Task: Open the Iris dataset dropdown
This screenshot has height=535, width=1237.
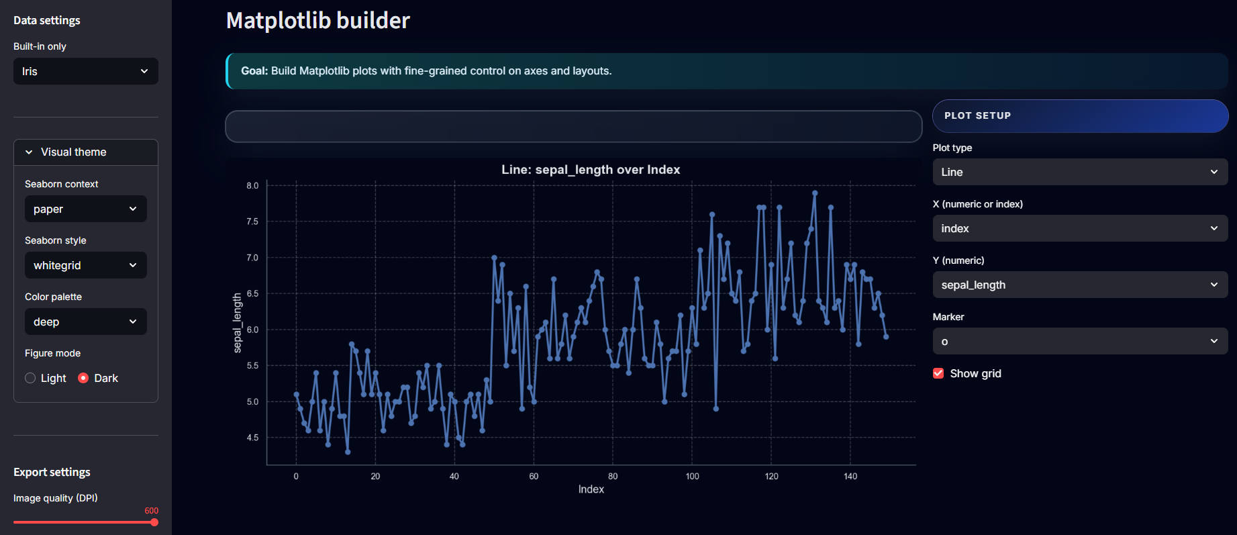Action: (85, 71)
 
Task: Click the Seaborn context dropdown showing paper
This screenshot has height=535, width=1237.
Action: (85, 209)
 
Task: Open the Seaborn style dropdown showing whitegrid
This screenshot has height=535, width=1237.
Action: (85, 265)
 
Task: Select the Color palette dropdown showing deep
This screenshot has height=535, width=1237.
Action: (85, 322)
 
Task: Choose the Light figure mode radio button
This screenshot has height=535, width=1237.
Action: (30, 378)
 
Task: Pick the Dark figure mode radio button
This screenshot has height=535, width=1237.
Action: (83, 378)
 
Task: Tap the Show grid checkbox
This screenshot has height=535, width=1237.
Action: (938, 373)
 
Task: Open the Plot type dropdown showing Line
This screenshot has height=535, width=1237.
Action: (1079, 172)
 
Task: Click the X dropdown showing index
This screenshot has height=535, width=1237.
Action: (1079, 228)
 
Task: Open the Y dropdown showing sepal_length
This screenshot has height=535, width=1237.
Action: (1079, 285)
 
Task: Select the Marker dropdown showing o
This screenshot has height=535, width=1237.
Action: (1079, 341)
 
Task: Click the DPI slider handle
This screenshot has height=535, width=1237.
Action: (154, 522)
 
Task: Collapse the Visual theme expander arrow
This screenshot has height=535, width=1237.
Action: (29, 152)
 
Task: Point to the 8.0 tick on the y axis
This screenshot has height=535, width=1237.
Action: (252, 186)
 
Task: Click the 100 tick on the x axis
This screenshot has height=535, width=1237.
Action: (692, 477)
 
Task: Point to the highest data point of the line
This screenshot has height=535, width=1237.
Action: (815, 193)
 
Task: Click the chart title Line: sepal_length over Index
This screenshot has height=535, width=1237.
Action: (591, 170)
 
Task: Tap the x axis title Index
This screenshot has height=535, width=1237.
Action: (591, 489)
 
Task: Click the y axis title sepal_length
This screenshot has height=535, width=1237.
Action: (237, 323)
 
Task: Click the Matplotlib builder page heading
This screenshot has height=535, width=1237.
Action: (317, 21)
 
